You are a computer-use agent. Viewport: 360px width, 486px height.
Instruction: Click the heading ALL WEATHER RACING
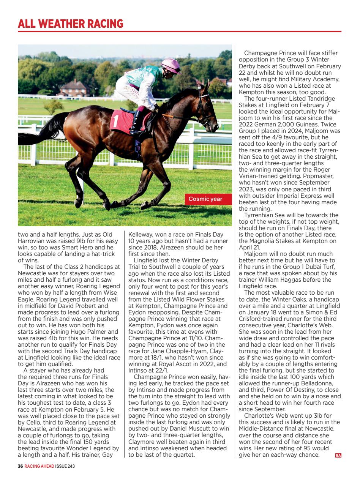coord(71,24)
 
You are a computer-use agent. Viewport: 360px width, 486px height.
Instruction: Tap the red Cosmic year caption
coord(205,199)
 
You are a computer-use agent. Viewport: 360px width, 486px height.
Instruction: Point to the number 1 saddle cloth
coord(122,120)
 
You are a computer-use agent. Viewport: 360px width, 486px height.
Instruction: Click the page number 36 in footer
coord(21,467)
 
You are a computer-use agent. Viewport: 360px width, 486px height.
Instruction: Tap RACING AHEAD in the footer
coord(39,467)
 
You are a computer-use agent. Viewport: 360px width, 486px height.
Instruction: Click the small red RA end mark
coord(338,455)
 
